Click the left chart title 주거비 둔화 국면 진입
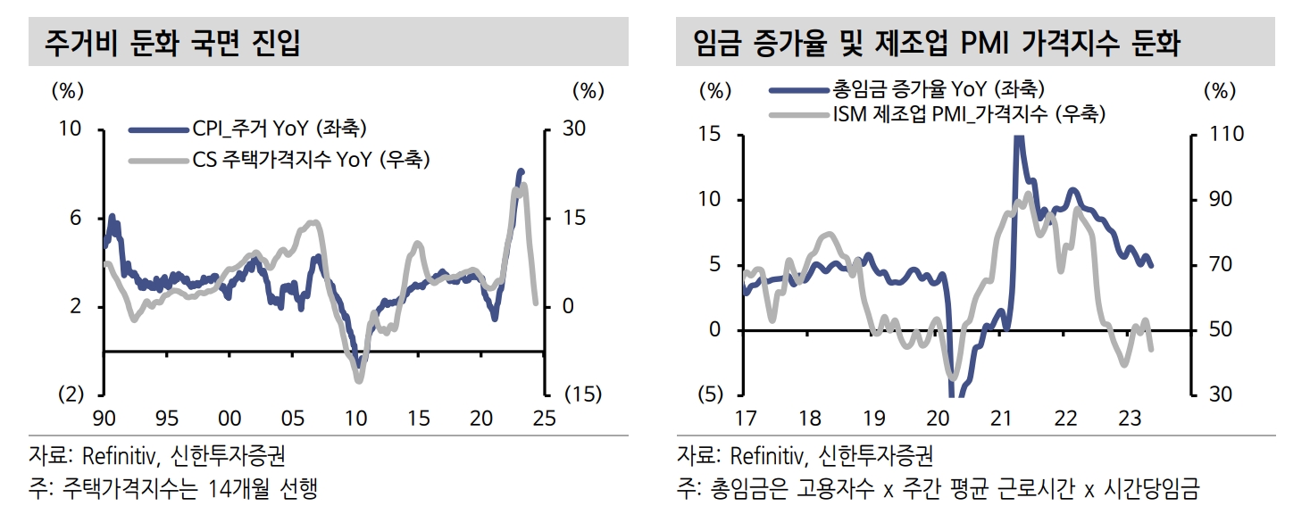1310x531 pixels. click(x=172, y=43)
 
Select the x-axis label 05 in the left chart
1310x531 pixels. click(x=292, y=418)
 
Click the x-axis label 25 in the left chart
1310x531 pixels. click(x=544, y=418)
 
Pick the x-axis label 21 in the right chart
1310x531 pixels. click(x=1000, y=419)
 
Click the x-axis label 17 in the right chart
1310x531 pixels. click(x=746, y=419)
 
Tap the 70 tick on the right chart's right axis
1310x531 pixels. click(x=1222, y=265)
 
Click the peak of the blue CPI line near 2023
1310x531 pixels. click(x=521, y=170)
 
